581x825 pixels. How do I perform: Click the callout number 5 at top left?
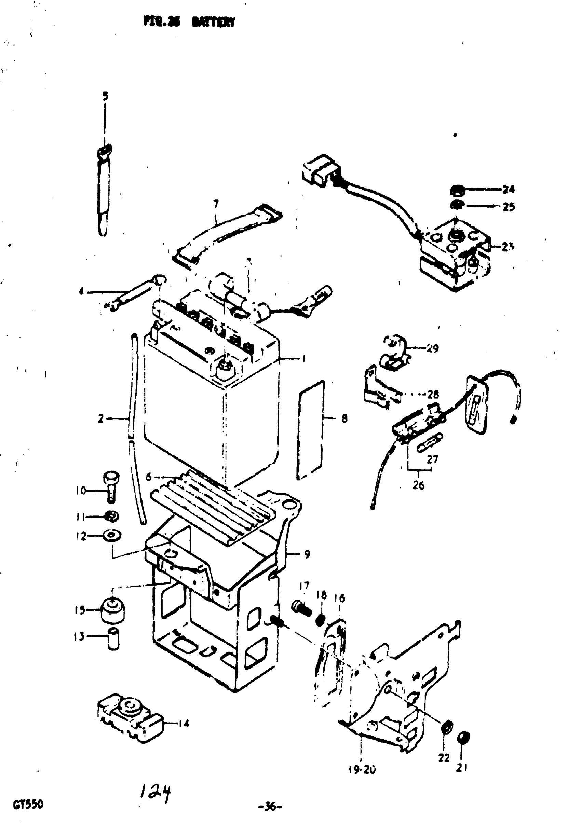[105, 96]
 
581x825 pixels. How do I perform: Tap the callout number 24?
[509, 189]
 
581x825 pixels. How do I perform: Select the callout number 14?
[184, 723]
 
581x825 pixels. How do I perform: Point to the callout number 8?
[344, 418]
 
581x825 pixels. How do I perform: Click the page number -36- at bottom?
[270, 807]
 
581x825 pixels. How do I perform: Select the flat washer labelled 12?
[112, 536]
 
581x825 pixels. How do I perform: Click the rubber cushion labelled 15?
[113, 609]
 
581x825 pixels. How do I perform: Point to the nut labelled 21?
[463, 738]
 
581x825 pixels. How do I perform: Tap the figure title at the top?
[189, 22]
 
